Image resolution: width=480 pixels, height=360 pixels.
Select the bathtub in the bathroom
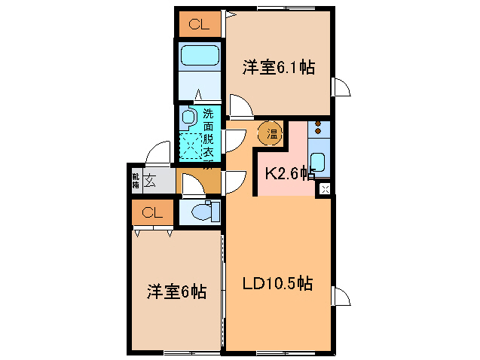[199, 56]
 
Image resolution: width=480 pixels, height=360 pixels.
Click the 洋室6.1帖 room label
[278, 68]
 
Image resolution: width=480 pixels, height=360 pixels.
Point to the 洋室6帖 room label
[176, 291]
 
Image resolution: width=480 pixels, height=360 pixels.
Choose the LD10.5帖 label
[277, 285]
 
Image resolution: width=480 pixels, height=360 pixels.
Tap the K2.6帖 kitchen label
[289, 173]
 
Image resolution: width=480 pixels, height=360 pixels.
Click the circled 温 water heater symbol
[271, 134]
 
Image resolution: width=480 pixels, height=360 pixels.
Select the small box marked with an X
[325, 188]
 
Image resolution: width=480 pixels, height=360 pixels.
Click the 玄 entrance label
[151, 180]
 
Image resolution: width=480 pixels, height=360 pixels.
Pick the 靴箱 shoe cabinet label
[136, 180]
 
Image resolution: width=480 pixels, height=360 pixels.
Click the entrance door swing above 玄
[159, 153]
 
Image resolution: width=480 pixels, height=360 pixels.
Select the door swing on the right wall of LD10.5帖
[341, 296]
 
